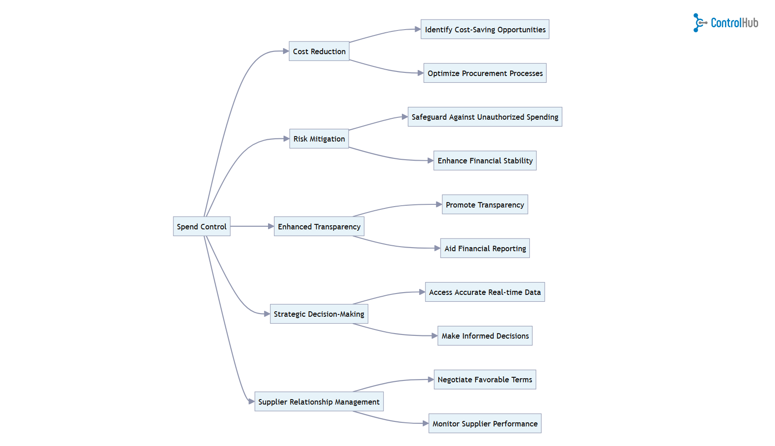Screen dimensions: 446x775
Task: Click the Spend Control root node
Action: (x=202, y=226)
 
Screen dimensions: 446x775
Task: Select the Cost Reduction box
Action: (x=319, y=51)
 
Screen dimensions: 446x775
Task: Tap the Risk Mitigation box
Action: (x=319, y=139)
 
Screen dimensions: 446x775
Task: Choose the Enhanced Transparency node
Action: (x=319, y=226)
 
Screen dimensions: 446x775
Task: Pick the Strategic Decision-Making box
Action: (x=319, y=314)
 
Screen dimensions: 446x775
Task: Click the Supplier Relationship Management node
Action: (x=319, y=401)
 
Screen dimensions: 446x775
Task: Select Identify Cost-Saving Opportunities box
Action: (x=485, y=30)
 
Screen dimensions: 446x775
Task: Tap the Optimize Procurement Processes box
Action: (x=485, y=73)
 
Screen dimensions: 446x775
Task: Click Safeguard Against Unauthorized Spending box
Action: (x=485, y=117)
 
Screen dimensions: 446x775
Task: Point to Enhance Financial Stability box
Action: (x=485, y=161)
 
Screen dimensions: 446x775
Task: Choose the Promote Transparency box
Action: (x=485, y=205)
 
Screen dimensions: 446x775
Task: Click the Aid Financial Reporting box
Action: (x=485, y=248)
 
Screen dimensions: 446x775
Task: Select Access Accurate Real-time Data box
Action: (x=485, y=292)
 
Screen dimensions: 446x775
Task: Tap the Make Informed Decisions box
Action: (x=485, y=336)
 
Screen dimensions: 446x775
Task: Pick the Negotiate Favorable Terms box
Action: (x=485, y=380)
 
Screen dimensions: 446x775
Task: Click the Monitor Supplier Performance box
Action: (x=485, y=423)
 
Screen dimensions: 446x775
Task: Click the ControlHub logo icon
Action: (x=699, y=23)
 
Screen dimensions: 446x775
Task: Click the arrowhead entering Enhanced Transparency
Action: (x=271, y=226)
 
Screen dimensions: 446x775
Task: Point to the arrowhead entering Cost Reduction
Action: (x=286, y=51)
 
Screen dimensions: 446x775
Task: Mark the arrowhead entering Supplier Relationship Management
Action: (x=251, y=401)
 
